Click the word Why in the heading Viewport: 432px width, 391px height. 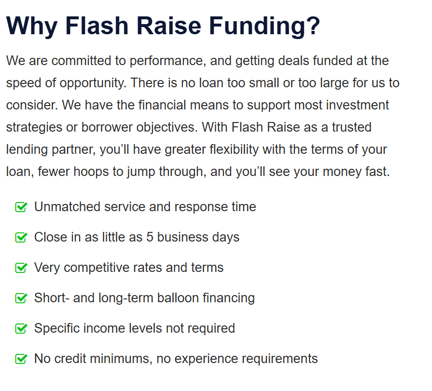(x=32, y=27)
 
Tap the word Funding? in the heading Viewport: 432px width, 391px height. (x=265, y=27)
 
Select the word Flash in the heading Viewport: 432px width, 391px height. (x=97, y=26)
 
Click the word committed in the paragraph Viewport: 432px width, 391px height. (x=81, y=61)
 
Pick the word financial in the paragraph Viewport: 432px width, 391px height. (x=162, y=105)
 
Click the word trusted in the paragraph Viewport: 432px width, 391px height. (x=351, y=127)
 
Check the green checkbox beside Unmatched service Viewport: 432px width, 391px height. (x=21, y=207)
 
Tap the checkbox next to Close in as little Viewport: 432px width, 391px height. (x=21, y=237)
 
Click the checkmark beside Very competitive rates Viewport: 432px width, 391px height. (x=21, y=268)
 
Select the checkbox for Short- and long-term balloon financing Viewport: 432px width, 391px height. (x=21, y=298)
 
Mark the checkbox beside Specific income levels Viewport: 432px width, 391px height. (x=21, y=328)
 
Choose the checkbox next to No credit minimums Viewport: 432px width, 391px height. (x=21, y=359)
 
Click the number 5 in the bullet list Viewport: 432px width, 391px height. (x=150, y=237)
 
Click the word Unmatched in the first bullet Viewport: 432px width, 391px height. (x=67, y=207)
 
